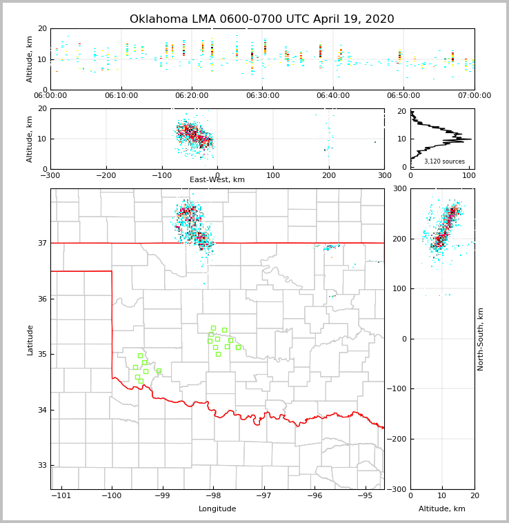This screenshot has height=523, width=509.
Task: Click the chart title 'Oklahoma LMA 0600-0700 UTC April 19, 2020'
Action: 262,19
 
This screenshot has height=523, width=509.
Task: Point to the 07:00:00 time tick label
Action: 475,96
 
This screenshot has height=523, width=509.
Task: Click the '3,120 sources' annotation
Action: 444,161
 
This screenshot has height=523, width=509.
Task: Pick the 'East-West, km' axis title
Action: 217,180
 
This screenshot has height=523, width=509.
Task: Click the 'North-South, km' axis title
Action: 481,339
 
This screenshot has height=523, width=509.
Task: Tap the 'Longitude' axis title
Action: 217,509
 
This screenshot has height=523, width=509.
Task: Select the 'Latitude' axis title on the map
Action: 30,339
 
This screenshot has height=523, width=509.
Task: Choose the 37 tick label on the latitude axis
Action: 42,243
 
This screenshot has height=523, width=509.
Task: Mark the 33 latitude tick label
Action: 42,466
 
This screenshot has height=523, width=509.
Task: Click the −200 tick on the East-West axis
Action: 106,175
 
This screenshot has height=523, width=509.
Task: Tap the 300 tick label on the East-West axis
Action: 384,175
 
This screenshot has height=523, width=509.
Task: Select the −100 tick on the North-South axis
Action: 399,389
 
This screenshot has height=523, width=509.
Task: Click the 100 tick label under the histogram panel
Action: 468,175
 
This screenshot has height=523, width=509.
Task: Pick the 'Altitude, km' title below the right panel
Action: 442,509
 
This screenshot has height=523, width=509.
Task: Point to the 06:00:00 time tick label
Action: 50,96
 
